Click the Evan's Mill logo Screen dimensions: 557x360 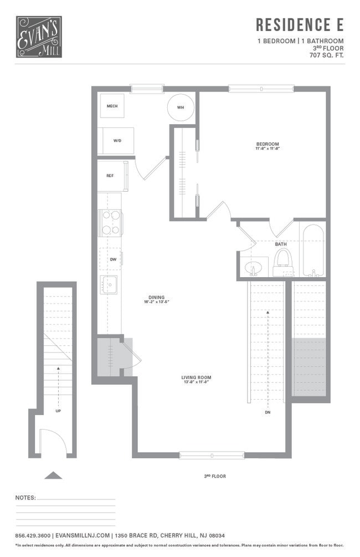pos(39,37)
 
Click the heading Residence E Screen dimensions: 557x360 pos(300,25)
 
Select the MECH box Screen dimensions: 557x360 pos(112,106)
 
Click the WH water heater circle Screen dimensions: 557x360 pos(181,107)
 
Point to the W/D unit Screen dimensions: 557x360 pos(117,141)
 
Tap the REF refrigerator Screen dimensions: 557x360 pos(110,175)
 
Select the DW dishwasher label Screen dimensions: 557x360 pos(112,259)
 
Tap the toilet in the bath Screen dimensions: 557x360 pos(282,262)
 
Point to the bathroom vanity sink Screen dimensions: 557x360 pos(254,268)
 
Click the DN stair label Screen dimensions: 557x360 pos(268,412)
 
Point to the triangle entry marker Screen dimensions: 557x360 pos(53,475)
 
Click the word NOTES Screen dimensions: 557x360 pos(25,498)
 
